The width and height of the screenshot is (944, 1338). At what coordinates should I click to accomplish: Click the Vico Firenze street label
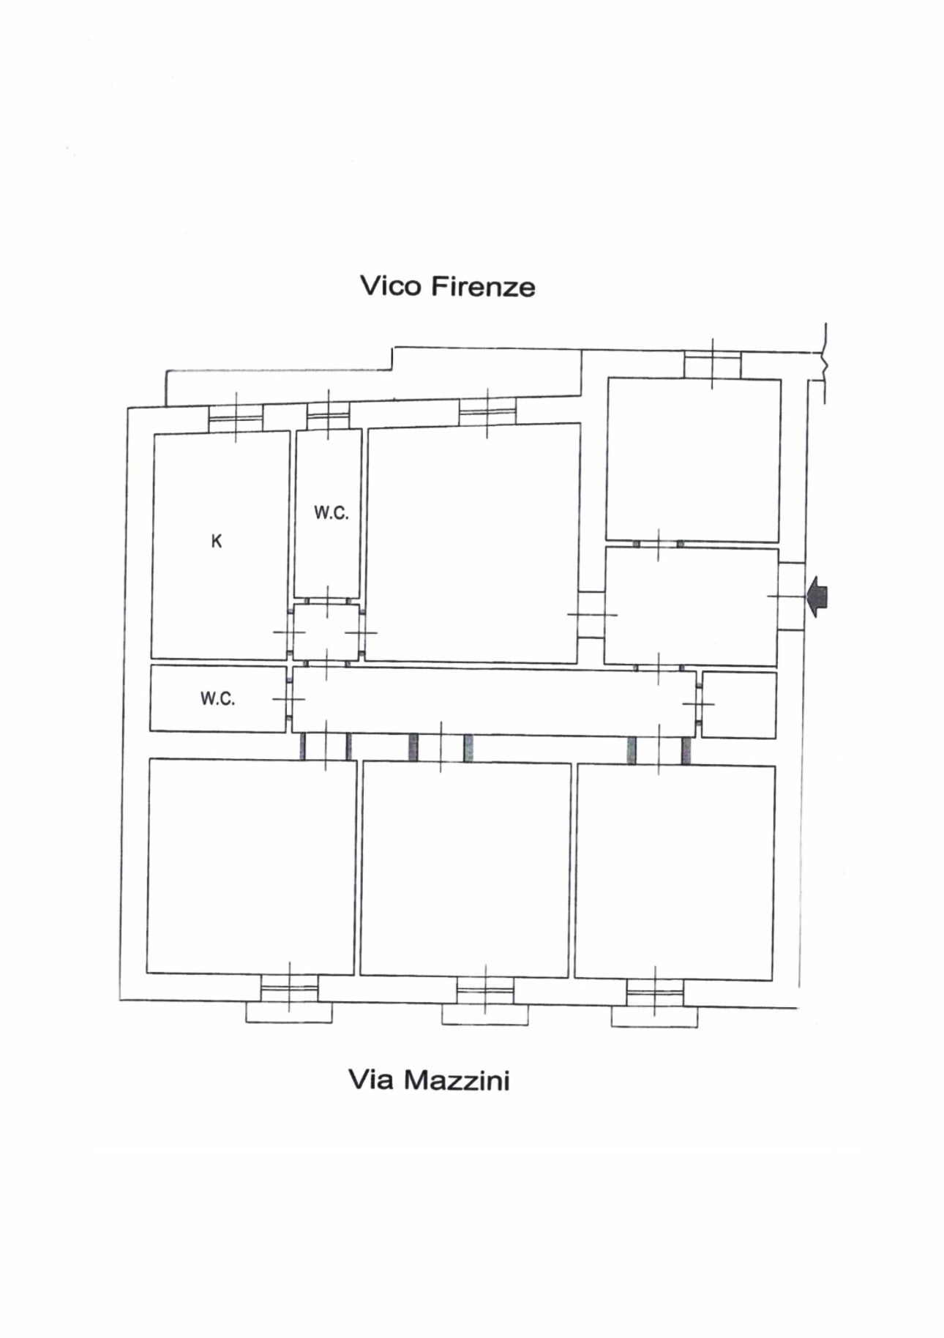click(447, 285)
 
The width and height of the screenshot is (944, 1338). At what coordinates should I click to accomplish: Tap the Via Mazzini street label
click(428, 1080)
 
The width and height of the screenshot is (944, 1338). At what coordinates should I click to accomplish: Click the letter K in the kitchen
click(216, 541)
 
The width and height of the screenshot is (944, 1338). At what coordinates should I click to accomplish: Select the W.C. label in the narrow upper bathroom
click(331, 513)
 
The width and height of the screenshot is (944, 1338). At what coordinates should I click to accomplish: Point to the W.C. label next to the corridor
click(218, 699)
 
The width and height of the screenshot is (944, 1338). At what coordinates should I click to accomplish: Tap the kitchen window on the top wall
click(236, 418)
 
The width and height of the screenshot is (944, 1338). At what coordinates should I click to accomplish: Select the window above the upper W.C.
click(328, 416)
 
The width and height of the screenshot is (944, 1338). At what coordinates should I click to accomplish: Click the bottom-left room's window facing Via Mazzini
click(290, 989)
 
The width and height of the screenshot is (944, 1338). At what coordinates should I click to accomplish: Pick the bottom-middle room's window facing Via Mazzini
click(485, 991)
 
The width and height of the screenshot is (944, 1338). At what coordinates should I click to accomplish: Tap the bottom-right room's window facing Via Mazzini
click(655, 993)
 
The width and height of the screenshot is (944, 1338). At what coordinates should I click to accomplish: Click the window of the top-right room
click(713, 365)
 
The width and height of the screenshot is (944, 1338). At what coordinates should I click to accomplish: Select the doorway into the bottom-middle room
click(441, 747)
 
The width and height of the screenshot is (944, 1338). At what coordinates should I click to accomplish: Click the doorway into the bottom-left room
click(326, 746)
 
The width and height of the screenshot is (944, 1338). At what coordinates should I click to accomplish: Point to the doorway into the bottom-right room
click(659, 750)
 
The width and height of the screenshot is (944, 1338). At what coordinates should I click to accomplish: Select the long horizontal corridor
click(494, 701)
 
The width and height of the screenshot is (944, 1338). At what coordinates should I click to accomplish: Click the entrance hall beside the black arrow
click(691, 607)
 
